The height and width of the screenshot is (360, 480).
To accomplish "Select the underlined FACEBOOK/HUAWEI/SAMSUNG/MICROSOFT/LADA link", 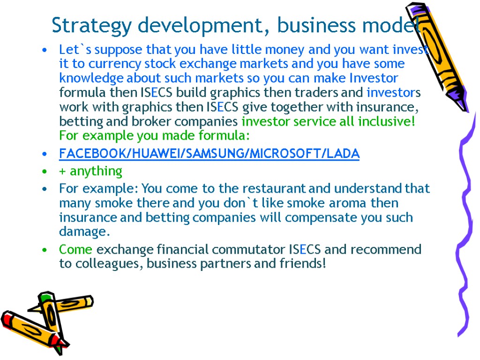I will pos(209,154).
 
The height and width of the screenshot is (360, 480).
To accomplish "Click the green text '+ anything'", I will pos(90,171).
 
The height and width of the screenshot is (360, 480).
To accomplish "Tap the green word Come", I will pos(75,249).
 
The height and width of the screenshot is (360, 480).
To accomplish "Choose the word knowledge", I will pos(91,78).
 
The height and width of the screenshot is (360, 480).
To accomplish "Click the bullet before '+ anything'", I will pos(44,172).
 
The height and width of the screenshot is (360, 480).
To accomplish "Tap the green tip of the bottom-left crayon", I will pos(45,297).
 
